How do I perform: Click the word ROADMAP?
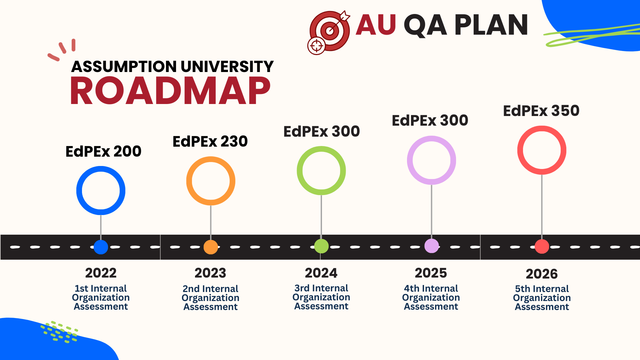pyautogui.click(x=170, y=91)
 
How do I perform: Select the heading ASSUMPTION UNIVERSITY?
pyautogui.click(x=172, y=67)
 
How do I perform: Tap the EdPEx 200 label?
pyautogui.click(x=103, y=151)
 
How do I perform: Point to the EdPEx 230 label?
pyautogui.click(x=210, y=141)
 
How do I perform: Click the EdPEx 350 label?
pyautogui.click(x=541, y=111)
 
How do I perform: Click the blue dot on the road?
pyautogui.click(x=101, y=247)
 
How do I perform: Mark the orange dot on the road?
pyautogui.click(x=211, y=247)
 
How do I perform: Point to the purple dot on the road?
pyautogui.click(x=432, y=246)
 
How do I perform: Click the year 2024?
pyautogui.click(x=321, y=273)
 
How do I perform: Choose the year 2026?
pyautogui.click(x=542, y=274)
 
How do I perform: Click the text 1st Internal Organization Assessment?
pyautogui.click(x=101, y=297)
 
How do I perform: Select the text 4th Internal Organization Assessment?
pyautogui.click(x=431, y=297)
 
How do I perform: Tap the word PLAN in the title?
pyautogui.click(x=491, y=25)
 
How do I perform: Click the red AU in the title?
pyautogui.click(x=376, y=25)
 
